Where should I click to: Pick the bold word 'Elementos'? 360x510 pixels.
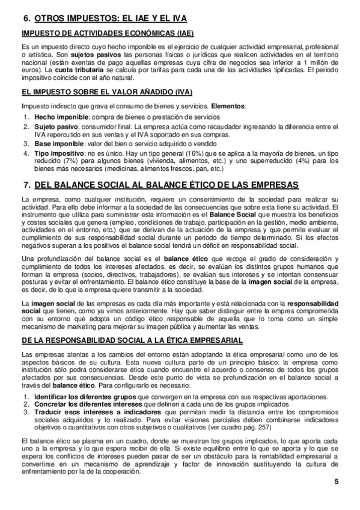tap(229, 107)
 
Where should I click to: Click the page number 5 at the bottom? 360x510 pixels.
tap(337, 482)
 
